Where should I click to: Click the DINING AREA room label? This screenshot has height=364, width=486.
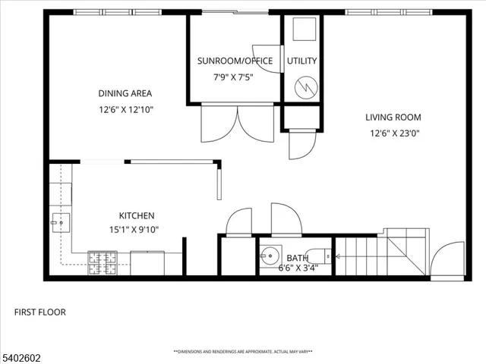[125, 93]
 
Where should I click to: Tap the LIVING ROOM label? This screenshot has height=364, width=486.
[393, 118]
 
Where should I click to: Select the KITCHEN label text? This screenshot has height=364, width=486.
[137, 215]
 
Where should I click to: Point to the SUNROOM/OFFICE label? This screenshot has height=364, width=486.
[234, 61]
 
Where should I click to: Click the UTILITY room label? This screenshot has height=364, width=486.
[302, 61]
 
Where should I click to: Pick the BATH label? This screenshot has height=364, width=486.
[297, 258]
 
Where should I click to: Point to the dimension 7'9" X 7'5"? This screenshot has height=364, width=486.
[234, 76]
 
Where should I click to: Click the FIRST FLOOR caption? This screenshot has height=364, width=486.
[40, 312]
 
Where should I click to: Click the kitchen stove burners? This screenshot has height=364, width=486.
[99, 262]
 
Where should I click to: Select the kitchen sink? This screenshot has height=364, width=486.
[61, 221]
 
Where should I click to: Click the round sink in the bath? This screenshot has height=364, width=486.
[269, 256]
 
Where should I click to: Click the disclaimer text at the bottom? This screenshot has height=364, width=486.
[243, 352]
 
